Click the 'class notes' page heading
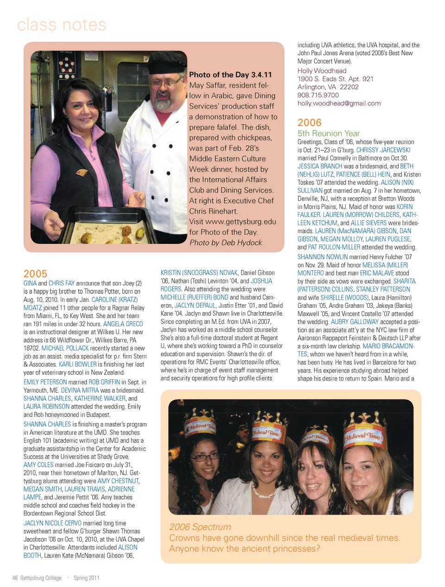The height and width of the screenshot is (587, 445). (62, 25)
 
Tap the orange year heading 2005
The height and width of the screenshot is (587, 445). (35, 274)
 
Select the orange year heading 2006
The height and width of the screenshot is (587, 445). (309, 122)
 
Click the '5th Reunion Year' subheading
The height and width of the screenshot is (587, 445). (328, 133)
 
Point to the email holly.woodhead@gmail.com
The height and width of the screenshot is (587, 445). (339, 103)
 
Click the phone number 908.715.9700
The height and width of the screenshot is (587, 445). (318, 95)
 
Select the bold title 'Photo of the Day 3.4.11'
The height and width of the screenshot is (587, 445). (230, 75)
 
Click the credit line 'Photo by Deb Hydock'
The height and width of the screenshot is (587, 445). (226, 242)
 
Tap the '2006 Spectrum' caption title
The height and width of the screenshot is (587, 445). (200, 527)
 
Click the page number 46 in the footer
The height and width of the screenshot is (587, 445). (15, 578)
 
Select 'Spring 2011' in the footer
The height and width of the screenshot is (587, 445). (86, 578)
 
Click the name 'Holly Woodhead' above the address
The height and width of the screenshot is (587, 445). (322, 70)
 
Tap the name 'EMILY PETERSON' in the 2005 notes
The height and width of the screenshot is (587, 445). (45, 382)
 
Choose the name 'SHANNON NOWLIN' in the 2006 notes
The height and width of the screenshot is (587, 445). (322, 257)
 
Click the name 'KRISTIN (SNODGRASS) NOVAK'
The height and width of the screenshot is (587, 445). (199, 273)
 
